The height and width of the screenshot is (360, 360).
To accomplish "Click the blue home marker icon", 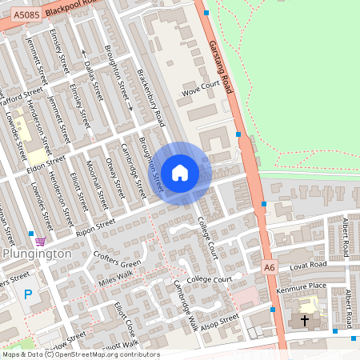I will click(x=180, y=172).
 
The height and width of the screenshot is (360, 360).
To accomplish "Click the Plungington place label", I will click(x=38, y=254).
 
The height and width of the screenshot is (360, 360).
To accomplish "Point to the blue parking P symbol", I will click(x=28, y=294).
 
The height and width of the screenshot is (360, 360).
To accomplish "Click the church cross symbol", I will click(x=303, y=320).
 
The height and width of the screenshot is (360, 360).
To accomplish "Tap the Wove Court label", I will click(x=200, y=92).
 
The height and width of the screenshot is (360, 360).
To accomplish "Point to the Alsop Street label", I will click(x=219, y=319).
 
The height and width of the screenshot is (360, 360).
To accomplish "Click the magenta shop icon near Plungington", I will click(x=40, y=241).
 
